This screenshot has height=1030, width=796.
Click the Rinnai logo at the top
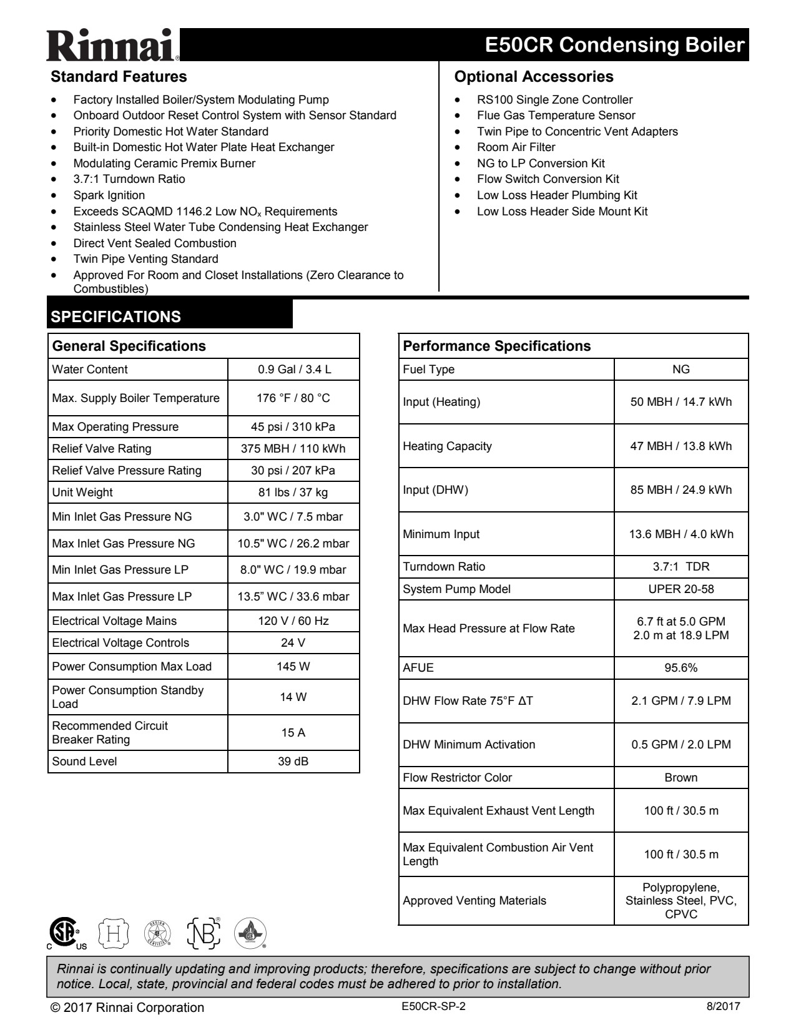pos(113,45)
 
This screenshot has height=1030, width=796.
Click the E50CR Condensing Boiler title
pos(614,45)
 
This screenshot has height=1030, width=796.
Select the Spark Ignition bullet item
pos(109,195)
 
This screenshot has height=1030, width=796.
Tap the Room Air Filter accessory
pos(516,147)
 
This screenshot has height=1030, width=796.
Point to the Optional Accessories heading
pos(534,77)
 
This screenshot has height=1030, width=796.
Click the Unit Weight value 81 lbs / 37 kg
pos(293,493)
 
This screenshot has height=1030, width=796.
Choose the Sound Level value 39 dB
pos(293,762)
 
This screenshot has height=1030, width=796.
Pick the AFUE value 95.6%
pos(681,668)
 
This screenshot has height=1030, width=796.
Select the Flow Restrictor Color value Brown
pos(681,778)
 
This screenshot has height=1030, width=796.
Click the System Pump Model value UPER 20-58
pos(681,589)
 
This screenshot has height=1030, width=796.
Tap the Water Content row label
pos(90,370)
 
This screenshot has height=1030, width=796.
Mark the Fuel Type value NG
pos(681,370)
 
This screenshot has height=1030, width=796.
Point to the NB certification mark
pos(204,933)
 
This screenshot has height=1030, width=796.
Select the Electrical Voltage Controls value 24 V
pos(293,643)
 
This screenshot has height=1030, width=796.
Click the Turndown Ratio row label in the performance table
pos(444,567)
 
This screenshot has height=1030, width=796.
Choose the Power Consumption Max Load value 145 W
pos(293,667)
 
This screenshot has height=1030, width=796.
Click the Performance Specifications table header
pos(497,346)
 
